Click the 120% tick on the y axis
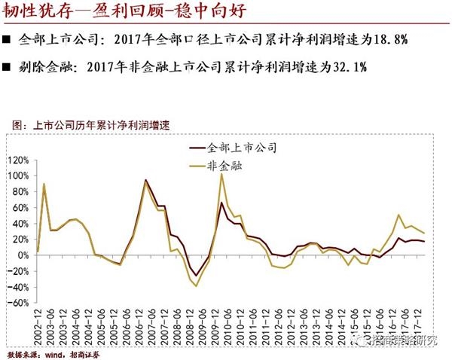point(16,160)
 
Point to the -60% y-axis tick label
point(16,303)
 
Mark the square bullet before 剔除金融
point(8,67)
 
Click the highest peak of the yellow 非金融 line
point(221,175)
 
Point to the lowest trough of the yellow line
point(197,286)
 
